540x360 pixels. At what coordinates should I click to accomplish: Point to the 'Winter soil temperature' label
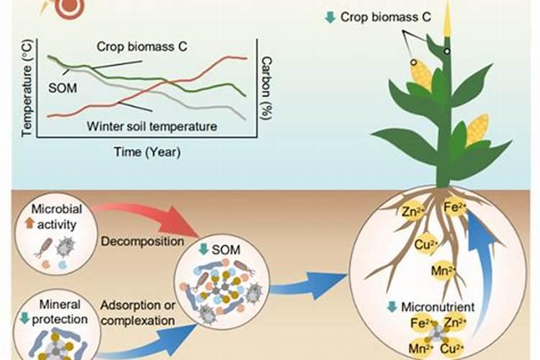152,126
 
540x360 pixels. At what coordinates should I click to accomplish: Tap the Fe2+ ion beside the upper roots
454,207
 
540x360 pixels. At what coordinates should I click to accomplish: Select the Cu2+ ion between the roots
423,243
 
